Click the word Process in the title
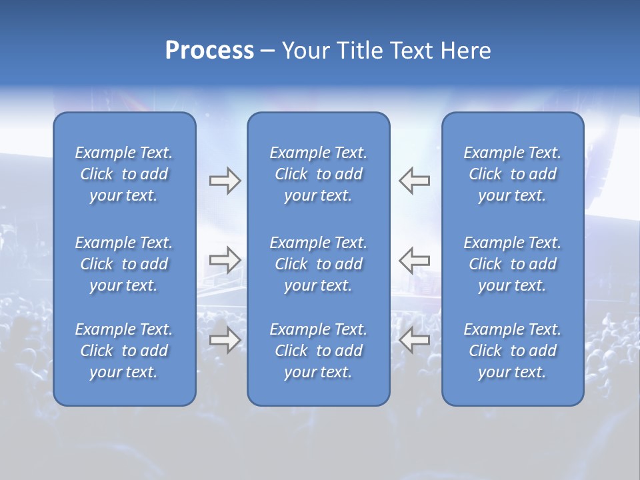tap(209, 51)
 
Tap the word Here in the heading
tap(466, 51)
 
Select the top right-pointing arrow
tap(225, 181)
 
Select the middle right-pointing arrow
tap(225, 260)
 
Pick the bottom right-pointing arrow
tap(225, 341)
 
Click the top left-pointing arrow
tap(415, 181)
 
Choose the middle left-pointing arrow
tap(415, 260)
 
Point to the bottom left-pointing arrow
tap(415, 341)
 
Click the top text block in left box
tap(124, 174)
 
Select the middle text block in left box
tap(124, 264)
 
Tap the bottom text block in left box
tap(124, 351)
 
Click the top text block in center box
tap(318, 174)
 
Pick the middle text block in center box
tap(318, 264)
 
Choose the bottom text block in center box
tap(318, 351)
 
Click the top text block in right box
tap(512, 174)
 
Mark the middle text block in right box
tap(512, 264)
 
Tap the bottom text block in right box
tap(512, 351)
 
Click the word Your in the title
tap(304, 51)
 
